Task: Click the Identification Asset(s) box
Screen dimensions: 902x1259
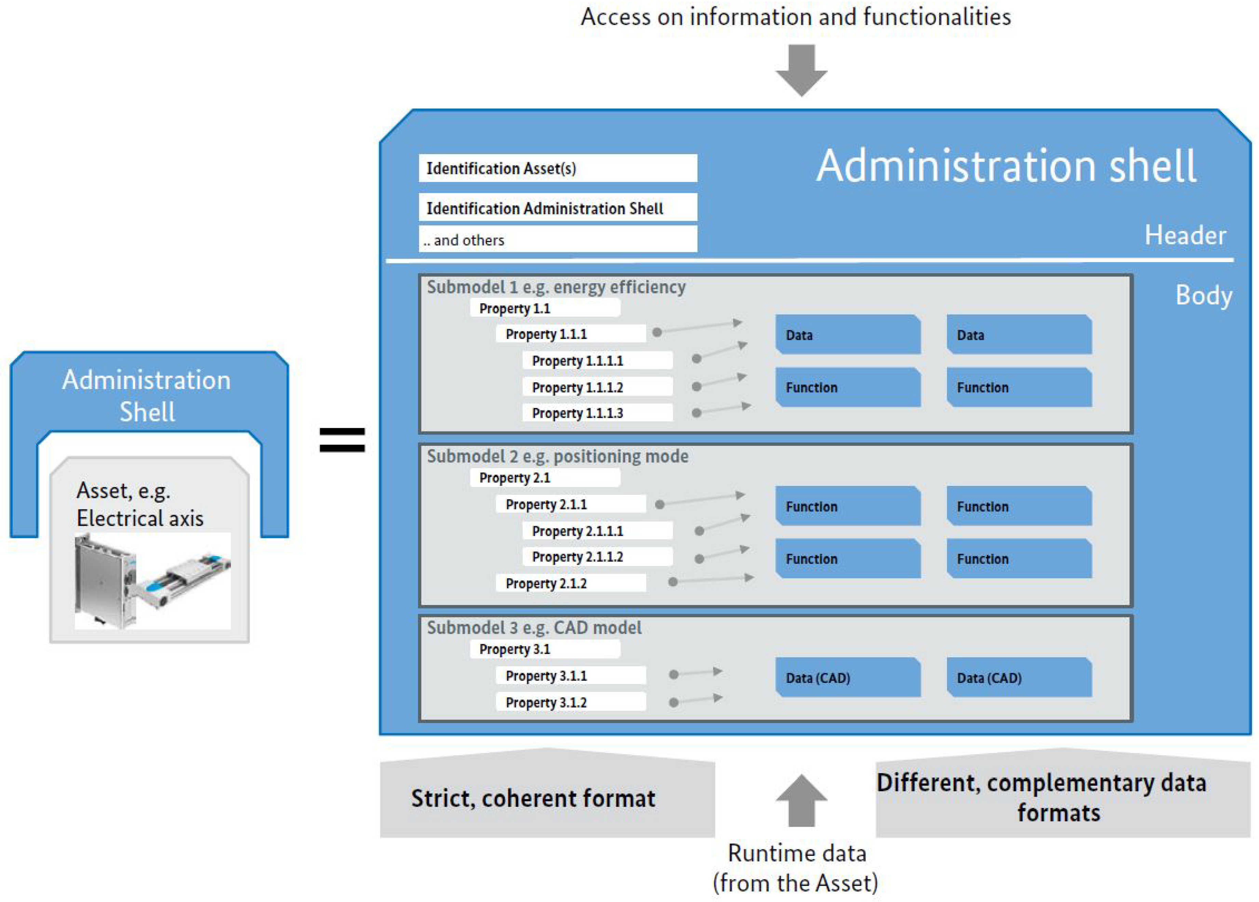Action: point(557,168)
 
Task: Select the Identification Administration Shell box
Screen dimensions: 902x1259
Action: point(557,208)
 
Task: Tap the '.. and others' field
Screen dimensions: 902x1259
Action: point(557,240)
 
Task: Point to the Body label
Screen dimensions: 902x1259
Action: point(1203,295)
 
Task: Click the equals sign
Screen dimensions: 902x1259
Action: point(342,440)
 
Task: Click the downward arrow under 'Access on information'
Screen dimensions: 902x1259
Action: point(801,70)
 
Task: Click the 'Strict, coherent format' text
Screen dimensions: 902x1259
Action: point(533,798)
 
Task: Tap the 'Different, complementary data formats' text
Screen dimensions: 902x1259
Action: point(1041,798)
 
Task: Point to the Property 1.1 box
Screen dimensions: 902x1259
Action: point(544,308)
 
